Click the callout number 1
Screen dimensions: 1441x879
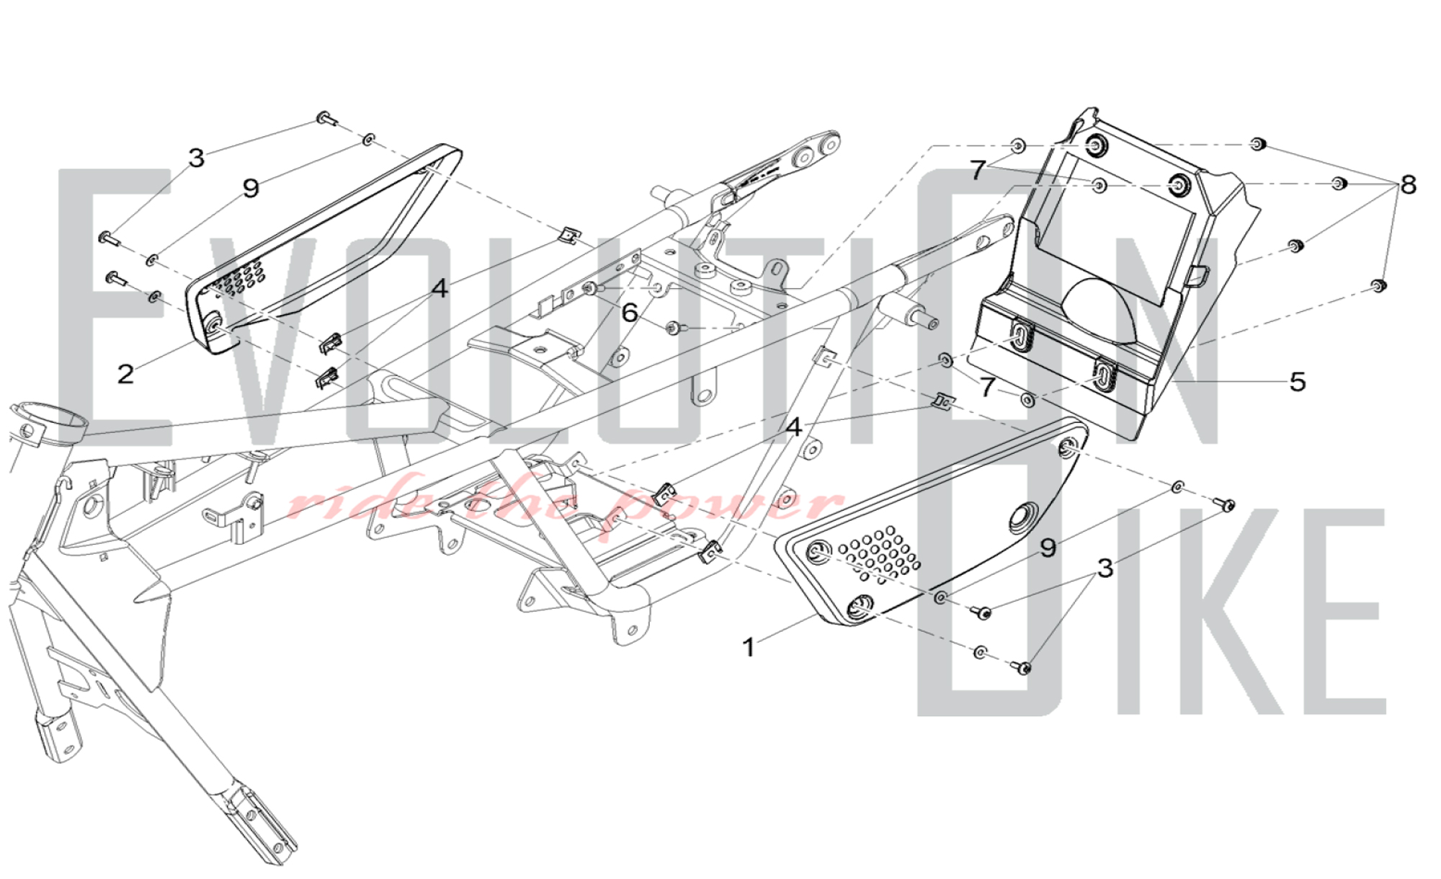[749, 647]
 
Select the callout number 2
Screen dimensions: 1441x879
[125, 374]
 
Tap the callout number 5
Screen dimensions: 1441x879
[1297, 382]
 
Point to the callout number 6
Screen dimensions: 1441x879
[630, 313]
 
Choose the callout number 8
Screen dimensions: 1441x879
[1408, 185]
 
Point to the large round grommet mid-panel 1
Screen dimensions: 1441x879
[1022, 519]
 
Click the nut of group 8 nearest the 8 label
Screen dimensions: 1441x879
[1339, 183]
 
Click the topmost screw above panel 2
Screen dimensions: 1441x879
[326, 117]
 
